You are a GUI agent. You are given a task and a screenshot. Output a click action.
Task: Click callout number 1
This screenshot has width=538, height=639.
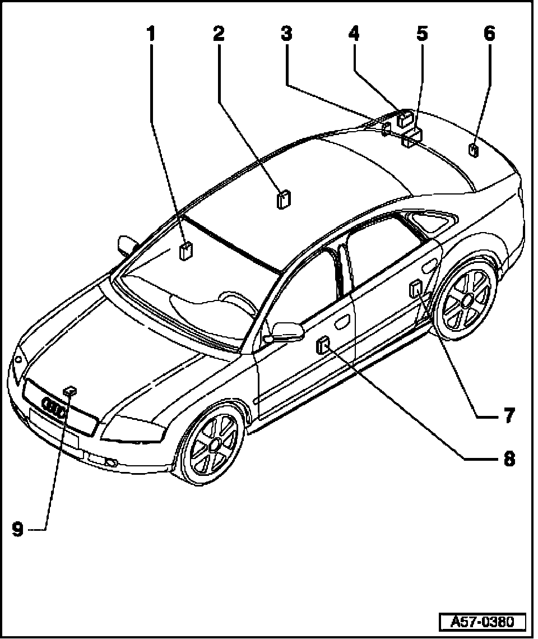click(150, 34)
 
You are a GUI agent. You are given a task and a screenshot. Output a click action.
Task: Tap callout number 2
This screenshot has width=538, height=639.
click(219, 34)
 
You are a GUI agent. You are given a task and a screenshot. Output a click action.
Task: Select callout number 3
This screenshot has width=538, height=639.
click(286, 34)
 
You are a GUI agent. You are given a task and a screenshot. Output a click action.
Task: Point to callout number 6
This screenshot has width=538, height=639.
click(489, 34)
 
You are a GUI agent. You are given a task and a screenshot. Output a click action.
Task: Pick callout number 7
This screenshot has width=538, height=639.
click(508, 416)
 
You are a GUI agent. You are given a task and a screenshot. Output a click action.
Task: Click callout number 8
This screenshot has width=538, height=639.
click(508, 459)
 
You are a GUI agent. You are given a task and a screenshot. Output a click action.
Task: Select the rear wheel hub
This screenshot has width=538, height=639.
click(467, 302)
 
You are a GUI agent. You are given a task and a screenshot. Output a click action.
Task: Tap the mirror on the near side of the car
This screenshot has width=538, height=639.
click(286, 331)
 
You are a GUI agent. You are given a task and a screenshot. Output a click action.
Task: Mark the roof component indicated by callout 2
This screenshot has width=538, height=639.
click(284, 199)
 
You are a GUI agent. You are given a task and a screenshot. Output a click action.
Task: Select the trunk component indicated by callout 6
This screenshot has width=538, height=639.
click(473, 150)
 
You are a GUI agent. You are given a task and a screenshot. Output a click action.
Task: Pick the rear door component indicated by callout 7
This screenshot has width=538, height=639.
click(416, 290)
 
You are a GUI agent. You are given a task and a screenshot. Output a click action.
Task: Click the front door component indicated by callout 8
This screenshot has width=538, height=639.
click(323, 346)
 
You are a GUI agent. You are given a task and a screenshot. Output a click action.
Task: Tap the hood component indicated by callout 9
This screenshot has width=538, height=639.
click(70, 391)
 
